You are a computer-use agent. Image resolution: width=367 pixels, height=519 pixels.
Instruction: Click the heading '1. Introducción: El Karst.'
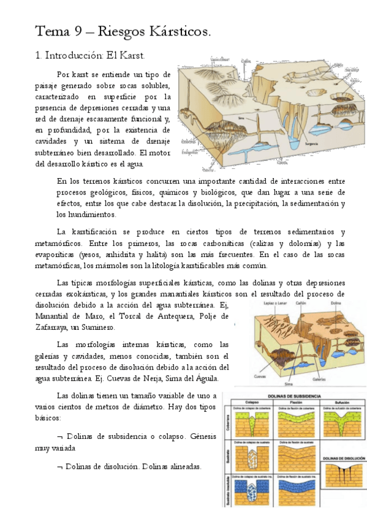pyautogui.click(x=91, y=56)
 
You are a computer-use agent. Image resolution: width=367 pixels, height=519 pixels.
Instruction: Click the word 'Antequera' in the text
pyautogui.click(x=176, y=316)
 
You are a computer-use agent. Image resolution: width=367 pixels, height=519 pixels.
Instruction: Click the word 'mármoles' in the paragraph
pyautogui.click(x=153, y=265)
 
